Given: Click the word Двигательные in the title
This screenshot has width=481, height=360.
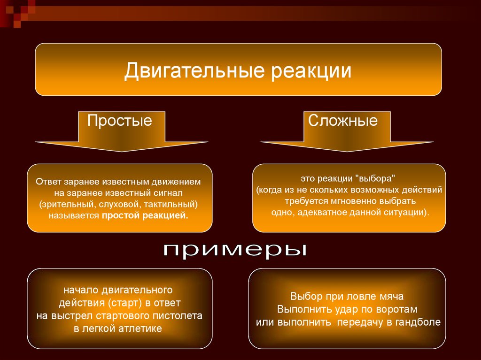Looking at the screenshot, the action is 194,70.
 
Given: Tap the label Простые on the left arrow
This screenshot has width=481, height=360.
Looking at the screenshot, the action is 120,120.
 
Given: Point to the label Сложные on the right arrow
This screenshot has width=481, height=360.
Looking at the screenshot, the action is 342,120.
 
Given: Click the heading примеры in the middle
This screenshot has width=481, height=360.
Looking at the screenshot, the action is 235,250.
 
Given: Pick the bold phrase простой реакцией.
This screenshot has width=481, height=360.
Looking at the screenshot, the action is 145,215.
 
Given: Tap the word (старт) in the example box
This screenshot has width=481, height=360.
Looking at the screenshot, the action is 124,303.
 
